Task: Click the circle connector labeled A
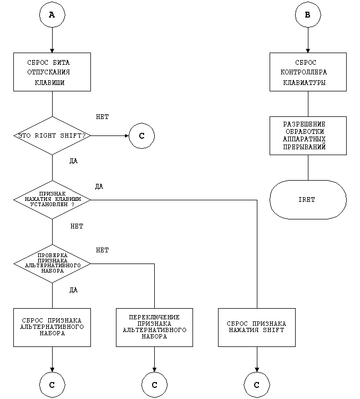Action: tap(52, 15)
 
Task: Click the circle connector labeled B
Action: tap(308, 15)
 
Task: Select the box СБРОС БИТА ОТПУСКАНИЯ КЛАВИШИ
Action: tap(52, 72)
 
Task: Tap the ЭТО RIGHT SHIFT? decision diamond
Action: tap(52, 136)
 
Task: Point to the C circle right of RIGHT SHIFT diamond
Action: tap(141, 136)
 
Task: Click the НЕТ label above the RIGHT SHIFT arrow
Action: tap(103, 116)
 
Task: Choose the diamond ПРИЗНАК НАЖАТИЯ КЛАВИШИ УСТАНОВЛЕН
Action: tap(52, 200)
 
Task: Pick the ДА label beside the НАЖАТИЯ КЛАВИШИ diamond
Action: tap(99, 186)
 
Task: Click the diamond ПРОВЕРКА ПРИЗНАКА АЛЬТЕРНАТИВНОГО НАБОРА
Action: tap(52, 263)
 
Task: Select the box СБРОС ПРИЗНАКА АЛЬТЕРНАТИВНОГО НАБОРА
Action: tap(52, 327)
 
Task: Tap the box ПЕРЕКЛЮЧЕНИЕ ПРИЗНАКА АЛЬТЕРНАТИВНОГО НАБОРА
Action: tap(154, 327)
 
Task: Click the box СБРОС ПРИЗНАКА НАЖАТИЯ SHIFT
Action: tap(256, 327)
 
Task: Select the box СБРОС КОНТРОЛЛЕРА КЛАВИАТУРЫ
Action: tap(308, 72)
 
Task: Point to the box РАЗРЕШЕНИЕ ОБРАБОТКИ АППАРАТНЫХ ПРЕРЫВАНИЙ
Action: tap(308, 135)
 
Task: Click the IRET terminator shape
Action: tap(308, 200)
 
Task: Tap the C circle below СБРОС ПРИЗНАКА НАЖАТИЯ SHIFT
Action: tap(256, 384)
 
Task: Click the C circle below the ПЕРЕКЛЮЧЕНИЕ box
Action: tap(154, 384)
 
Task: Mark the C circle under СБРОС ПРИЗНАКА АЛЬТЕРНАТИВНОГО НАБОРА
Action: tap(52, 384)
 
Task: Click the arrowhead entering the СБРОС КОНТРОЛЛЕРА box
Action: tap(308, 49)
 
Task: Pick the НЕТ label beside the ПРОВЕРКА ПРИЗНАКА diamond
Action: tap(103, 250)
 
